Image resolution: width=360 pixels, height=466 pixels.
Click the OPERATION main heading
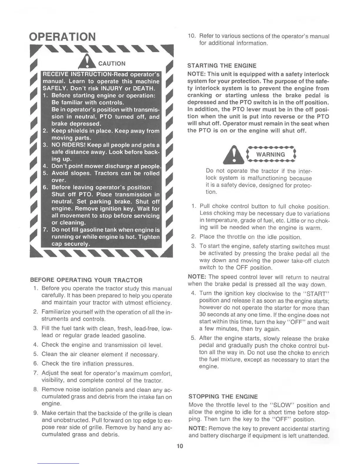point(63,37)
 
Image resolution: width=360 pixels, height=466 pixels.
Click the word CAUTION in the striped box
point(112,64)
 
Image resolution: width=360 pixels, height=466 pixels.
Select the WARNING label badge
point(271,155)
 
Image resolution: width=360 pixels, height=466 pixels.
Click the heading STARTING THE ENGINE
point(222,66)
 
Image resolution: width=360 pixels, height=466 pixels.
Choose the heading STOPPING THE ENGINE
point(223,397)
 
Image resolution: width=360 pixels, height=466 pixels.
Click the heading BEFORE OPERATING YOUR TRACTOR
point(86,280)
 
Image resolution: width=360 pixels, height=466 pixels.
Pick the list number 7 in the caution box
point(45,230)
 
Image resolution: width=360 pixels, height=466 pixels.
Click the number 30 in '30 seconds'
point(202,315)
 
